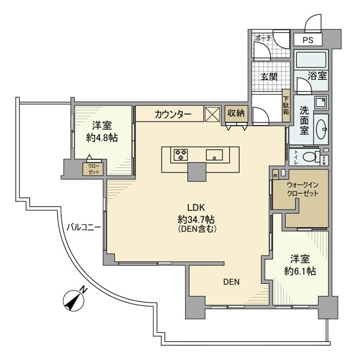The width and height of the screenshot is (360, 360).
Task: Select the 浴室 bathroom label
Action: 317,76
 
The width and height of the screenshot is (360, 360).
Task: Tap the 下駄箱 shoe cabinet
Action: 286,105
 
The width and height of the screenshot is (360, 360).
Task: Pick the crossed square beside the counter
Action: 213,114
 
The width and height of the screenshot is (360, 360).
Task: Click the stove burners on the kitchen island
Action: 181,154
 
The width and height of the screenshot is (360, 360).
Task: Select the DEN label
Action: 231,281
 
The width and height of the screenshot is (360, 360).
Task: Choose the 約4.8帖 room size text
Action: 102,137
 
